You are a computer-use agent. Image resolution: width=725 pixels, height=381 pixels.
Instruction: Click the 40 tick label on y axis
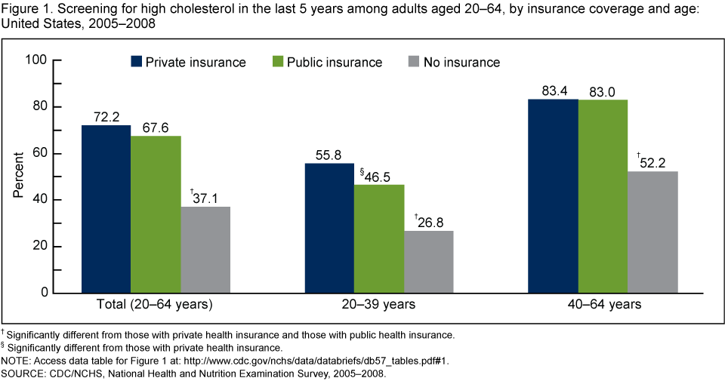39,200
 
